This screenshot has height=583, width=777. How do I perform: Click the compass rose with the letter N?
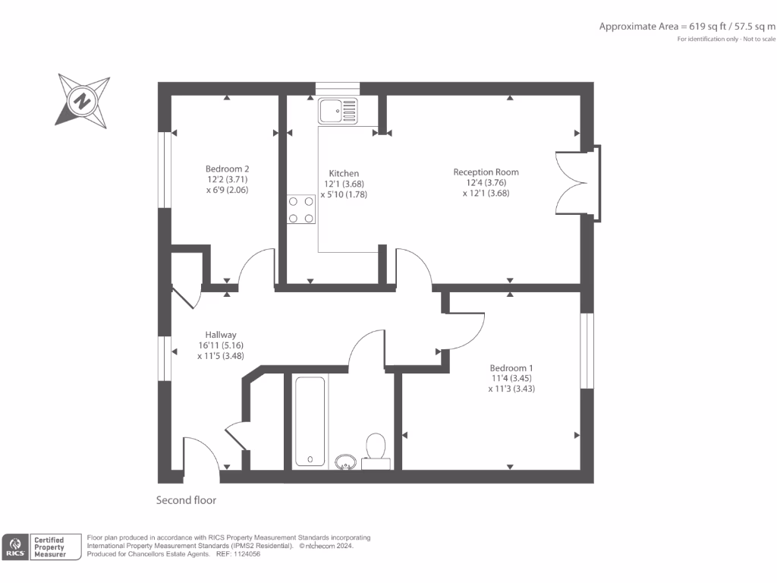point(82,100)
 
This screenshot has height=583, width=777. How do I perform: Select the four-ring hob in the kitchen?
point(301,210)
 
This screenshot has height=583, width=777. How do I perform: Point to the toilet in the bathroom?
point(376,449)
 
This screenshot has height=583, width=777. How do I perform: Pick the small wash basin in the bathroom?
point(346,461)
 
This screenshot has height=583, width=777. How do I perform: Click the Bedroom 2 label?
point(227,169)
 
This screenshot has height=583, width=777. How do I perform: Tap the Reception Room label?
point(486,172)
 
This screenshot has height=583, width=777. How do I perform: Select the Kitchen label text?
point(344,173)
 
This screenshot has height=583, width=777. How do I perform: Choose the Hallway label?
point(221,335)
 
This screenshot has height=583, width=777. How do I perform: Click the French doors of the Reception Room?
point(574,182)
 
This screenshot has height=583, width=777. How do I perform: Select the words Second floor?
point(186,500)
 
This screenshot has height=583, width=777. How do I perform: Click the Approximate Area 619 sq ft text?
point(687,27)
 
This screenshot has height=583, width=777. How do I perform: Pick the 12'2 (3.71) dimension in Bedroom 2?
point(227,180)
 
